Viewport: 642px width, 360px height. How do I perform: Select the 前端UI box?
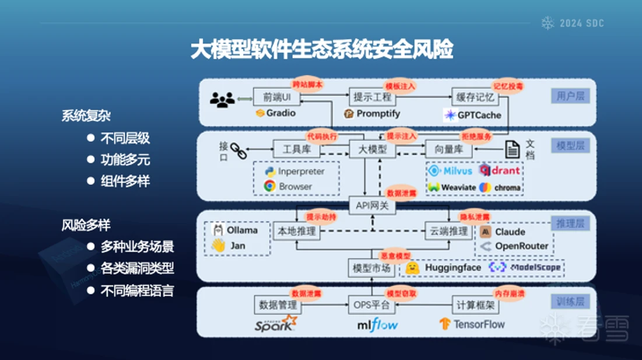tap(277, 96)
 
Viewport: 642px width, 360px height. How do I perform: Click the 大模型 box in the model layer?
tap(372, 149)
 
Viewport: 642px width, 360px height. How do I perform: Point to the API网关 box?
tap(372, 205)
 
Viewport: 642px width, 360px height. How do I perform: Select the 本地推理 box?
tap(297, 231)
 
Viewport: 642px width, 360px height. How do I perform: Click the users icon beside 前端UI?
tap(222, 100)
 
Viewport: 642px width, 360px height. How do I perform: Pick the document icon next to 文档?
tap(512, 149)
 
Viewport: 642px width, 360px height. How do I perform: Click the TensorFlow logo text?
tap(479, 323)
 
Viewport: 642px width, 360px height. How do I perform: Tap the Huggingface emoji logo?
tap(413, 267)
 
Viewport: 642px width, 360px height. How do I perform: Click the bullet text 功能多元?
tap(125, 159)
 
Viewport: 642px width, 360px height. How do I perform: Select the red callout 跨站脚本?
tap(307, 85)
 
